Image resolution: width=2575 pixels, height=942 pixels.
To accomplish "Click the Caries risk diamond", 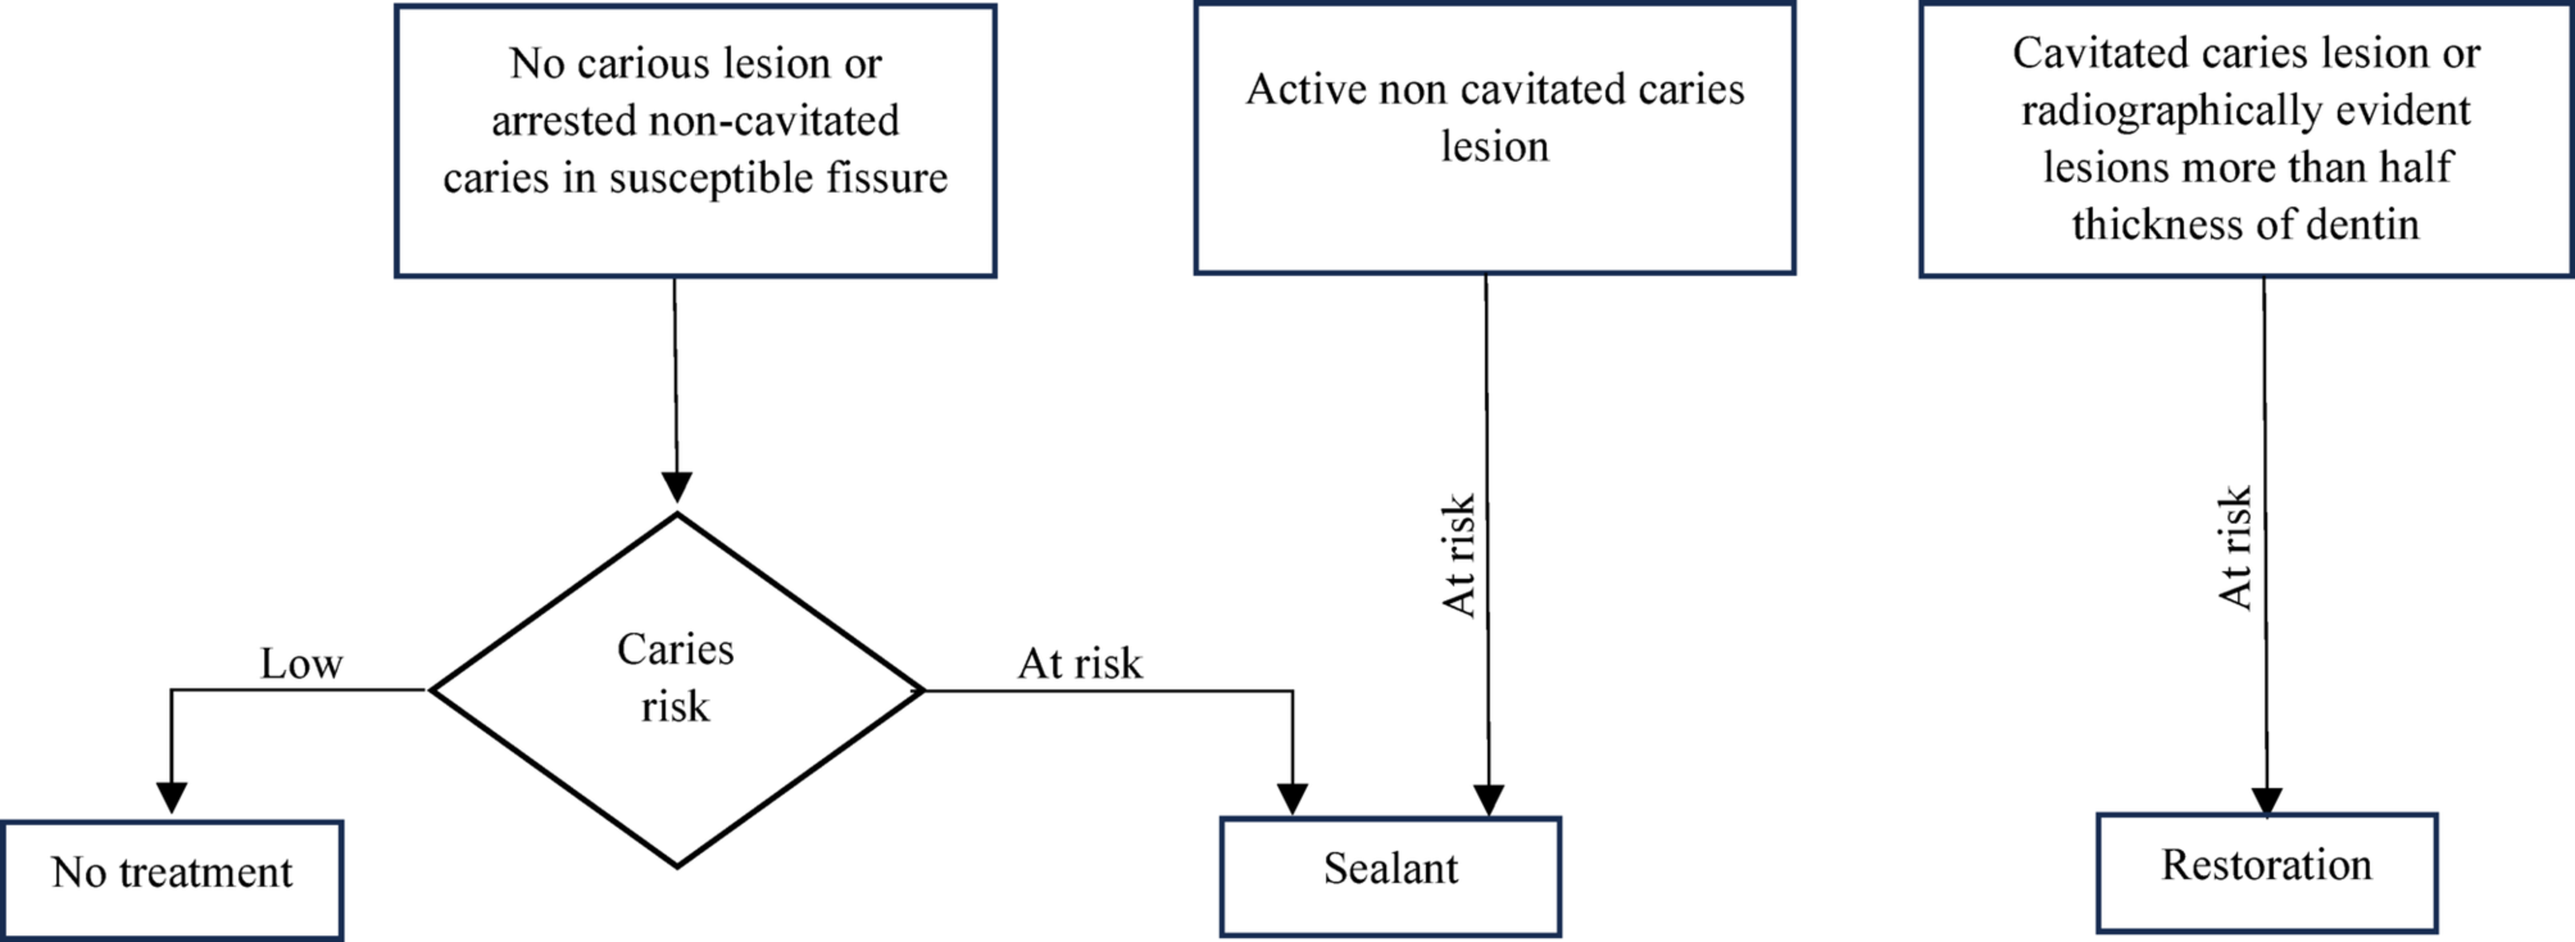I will pos(676,690).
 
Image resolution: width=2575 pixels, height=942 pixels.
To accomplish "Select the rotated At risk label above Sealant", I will pos(1459,556).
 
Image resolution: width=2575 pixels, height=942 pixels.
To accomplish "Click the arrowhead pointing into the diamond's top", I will pos(676,488).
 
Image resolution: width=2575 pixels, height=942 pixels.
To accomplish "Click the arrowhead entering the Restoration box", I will pos(2266,801).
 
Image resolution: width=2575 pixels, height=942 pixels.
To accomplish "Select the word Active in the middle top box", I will pos(1305,90).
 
